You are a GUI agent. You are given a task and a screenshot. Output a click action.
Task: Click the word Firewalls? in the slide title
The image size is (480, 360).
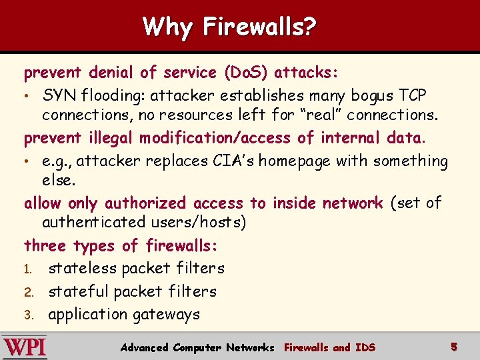260,27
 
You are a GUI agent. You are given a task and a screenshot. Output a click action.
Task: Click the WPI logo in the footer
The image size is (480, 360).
25,347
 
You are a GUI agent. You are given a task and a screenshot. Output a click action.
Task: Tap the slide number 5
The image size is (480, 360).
454,347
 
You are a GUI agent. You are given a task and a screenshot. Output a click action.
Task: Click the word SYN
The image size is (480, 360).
58,95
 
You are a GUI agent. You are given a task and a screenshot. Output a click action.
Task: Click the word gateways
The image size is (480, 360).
166,315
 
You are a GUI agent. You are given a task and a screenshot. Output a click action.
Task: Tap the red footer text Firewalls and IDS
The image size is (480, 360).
329,347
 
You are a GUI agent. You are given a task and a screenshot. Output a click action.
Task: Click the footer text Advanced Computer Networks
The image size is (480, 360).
197,347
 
